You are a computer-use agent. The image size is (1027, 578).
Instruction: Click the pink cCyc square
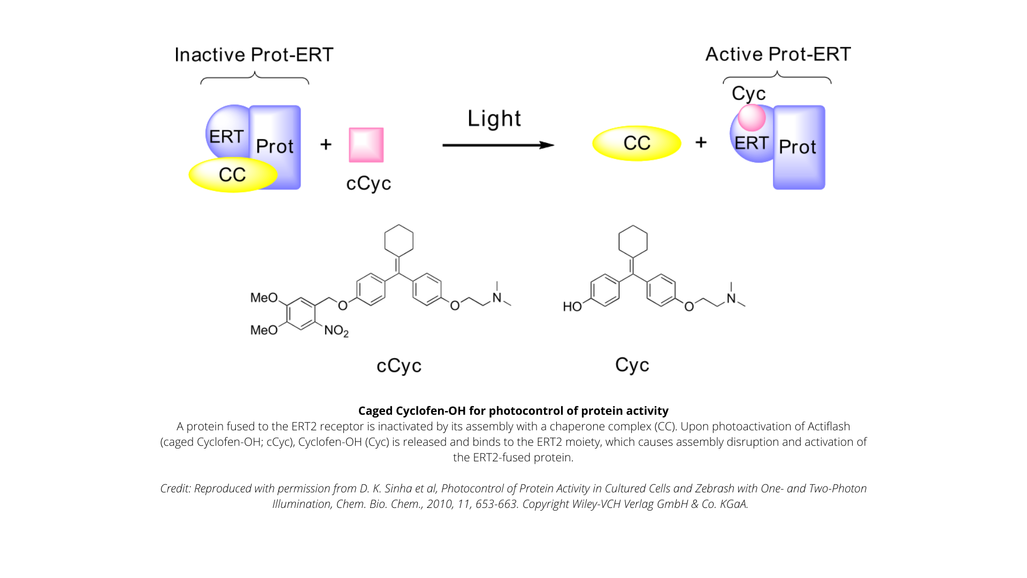point(366,144)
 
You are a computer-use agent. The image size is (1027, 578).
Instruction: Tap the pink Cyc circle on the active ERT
point(752,118)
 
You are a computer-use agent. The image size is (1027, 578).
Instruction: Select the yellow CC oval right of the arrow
point(637,143)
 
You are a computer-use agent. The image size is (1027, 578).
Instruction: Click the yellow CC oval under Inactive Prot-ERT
point(233,174)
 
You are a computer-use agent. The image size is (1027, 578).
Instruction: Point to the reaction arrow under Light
point(498,145)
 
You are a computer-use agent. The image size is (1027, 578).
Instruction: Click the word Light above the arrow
point(494,119)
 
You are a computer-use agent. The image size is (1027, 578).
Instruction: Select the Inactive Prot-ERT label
point(254,55)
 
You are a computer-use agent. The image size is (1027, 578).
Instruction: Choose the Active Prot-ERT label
point(778,54)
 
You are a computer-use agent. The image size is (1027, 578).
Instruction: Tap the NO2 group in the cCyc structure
point(336,331)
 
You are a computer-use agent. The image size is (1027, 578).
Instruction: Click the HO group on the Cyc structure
point(572,307)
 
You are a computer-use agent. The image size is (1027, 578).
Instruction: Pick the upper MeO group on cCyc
point(264,298)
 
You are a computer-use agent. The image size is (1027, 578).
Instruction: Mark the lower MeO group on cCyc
point(264,330)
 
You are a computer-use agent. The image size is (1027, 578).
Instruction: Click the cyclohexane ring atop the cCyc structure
point(399,240)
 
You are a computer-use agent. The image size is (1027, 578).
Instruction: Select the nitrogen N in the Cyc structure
point(731,299)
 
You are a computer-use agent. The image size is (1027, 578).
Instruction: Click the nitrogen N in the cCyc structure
point(497,298)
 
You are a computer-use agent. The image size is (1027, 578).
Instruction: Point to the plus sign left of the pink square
point(326,144)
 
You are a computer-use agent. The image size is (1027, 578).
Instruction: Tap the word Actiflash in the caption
point(829,427)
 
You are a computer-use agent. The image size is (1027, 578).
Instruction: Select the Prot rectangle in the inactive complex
point(275,147)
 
